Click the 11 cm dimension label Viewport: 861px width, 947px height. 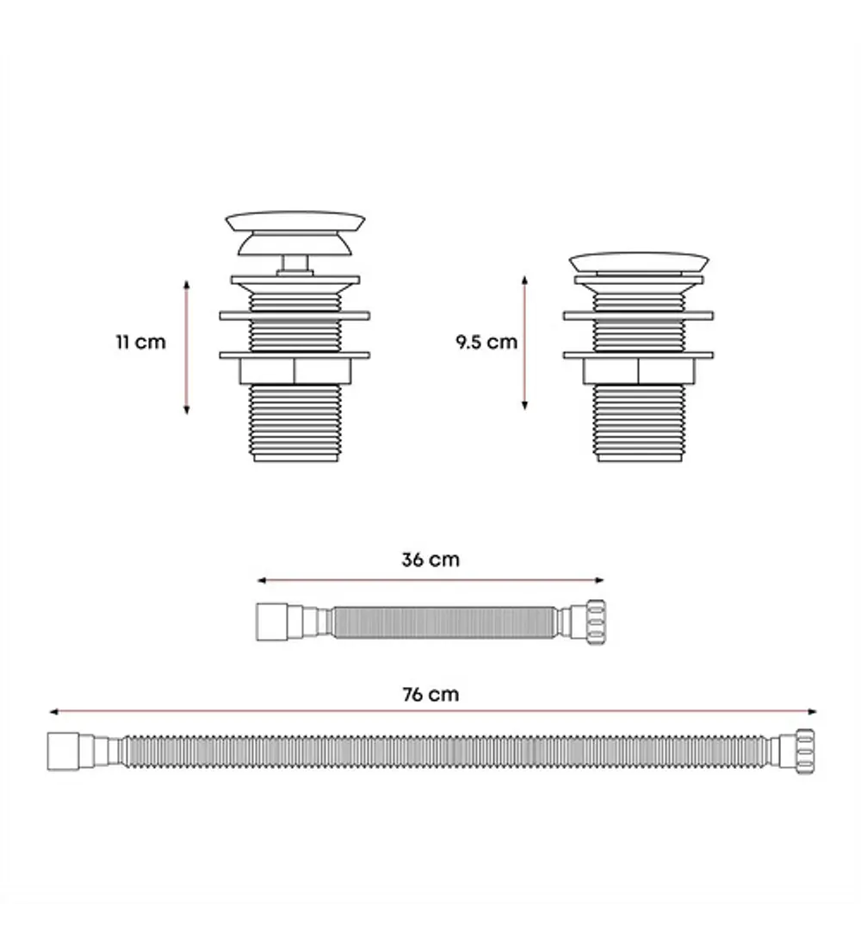[x=141, y=342]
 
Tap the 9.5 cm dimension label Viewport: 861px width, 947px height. [x=486, y=342]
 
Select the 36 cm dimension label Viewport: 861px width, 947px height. [x=430, y=560]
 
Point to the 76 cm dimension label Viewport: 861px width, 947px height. [x=430, y=694]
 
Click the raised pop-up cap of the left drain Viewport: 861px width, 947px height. [x=295, y=232]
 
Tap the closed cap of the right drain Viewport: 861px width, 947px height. [x=639, y=263]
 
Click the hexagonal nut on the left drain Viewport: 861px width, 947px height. [x=295, y=371]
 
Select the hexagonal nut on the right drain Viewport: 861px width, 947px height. [x=639, y=371]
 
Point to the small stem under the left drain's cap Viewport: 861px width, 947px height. [x=295, y=264]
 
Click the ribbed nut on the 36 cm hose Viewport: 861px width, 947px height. [x=595, y=622]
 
